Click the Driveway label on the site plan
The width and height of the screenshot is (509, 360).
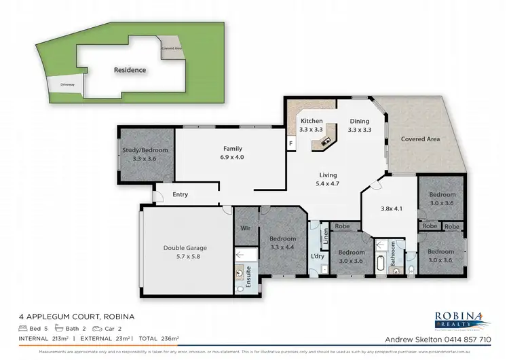[66, 85]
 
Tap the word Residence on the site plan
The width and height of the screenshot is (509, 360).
[130, 69]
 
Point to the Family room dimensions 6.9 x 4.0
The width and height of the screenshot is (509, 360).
[233, 157]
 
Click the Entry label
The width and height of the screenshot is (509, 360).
[180, 194]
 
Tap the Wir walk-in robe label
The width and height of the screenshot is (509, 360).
[245, 229]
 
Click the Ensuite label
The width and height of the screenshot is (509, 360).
[255, 276]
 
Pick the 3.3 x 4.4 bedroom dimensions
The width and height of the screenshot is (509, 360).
[282, 247]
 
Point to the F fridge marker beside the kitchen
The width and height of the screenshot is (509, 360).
[290, 143]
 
